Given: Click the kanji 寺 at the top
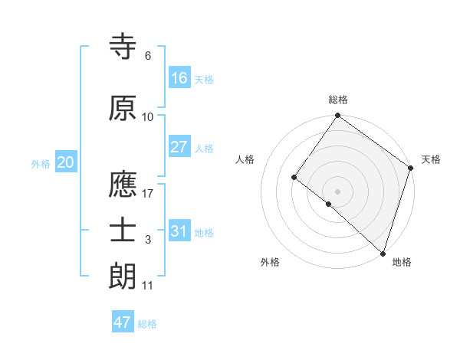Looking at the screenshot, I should point(123,47).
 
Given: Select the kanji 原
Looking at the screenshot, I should point(123,110).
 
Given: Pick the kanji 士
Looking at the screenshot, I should point(123,231).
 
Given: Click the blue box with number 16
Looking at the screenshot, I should point(179,78).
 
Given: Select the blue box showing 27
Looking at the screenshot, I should point(179,147).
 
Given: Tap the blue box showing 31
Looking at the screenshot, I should point(179,231).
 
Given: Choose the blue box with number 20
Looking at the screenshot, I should point(65,162).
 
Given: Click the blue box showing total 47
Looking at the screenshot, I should point(123,322).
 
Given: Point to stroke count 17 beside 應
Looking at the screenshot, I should point(148,194).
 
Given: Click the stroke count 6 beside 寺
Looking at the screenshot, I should point(148,56).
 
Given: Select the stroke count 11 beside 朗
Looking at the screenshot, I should point(148,286).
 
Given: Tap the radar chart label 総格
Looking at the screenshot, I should point(337,100).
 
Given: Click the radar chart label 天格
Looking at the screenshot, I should point(431,159).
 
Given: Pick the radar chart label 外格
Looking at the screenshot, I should point(270,263).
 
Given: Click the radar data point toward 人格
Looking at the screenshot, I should point(294,177).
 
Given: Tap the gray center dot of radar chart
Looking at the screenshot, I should point(337,191).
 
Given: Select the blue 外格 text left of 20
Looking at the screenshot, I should point(41,163).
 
